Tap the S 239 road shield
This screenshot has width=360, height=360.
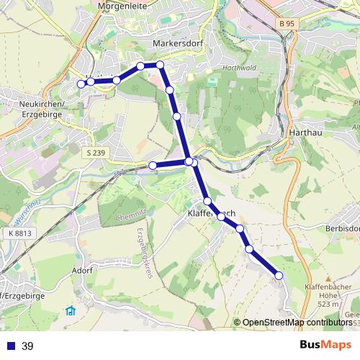coord(94,153)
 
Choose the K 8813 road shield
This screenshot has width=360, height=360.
coord(22,233)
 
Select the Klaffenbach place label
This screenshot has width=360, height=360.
coord(212,214)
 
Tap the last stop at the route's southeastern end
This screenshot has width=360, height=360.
coord(279,275)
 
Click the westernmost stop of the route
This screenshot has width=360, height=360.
coord(81,84)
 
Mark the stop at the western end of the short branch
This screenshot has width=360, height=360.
coord(153,166)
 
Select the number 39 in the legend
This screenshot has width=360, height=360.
coord(27,346)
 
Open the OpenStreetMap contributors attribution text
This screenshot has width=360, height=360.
coord(297,323)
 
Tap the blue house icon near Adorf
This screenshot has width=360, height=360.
coord(71,311)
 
